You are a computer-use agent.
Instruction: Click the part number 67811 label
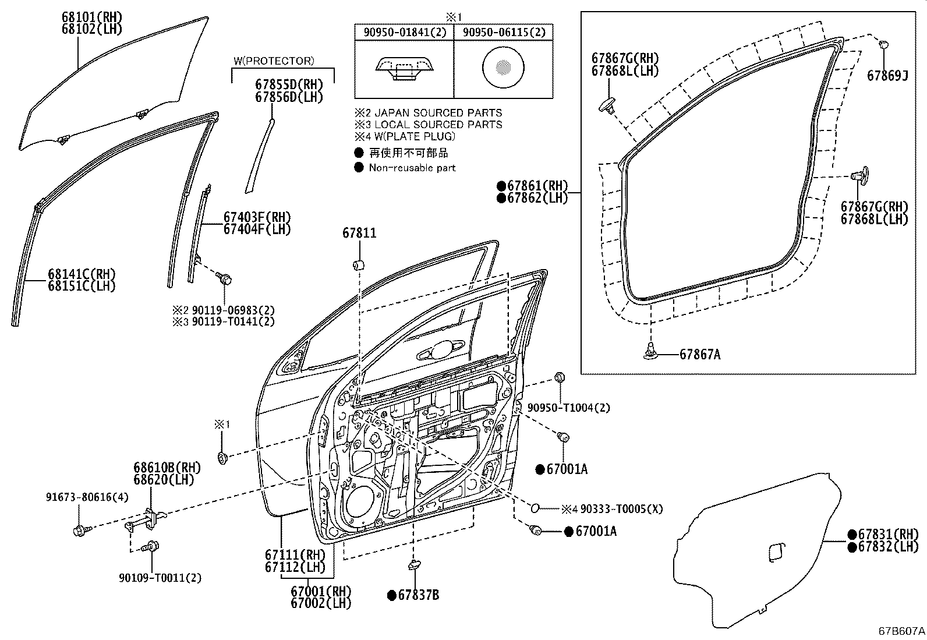[x=359, y=234]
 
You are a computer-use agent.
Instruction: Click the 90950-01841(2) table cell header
[x=405, y=33]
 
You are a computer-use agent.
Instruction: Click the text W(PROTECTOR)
[x=274, y=61]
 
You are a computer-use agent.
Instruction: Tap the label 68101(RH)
[x=92, y=17]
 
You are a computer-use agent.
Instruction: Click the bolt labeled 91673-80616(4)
[x=80, y=530]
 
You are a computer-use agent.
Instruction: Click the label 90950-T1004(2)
[x=569, y=408]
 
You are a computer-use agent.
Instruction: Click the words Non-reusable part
[x=412, y=168]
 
